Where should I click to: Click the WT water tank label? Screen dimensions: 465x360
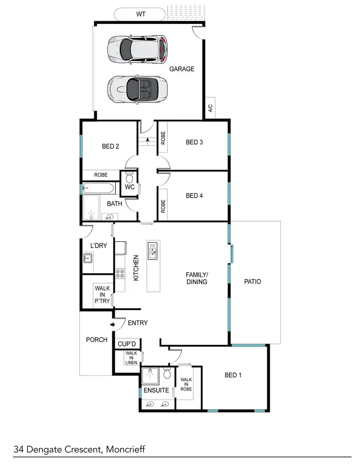coord(140,14)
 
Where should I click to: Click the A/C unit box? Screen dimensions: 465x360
coord(210,108)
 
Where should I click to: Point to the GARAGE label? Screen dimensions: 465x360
coord(182,69)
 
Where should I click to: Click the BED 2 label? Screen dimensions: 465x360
coord(110,147)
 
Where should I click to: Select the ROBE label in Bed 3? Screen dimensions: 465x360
coord(163,138)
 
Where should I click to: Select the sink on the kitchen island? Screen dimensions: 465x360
coord(153,250)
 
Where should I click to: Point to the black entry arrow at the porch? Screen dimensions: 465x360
coord(112,325)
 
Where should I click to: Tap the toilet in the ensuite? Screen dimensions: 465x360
coord(167,373)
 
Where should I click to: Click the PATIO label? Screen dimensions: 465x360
coord(252,282)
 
